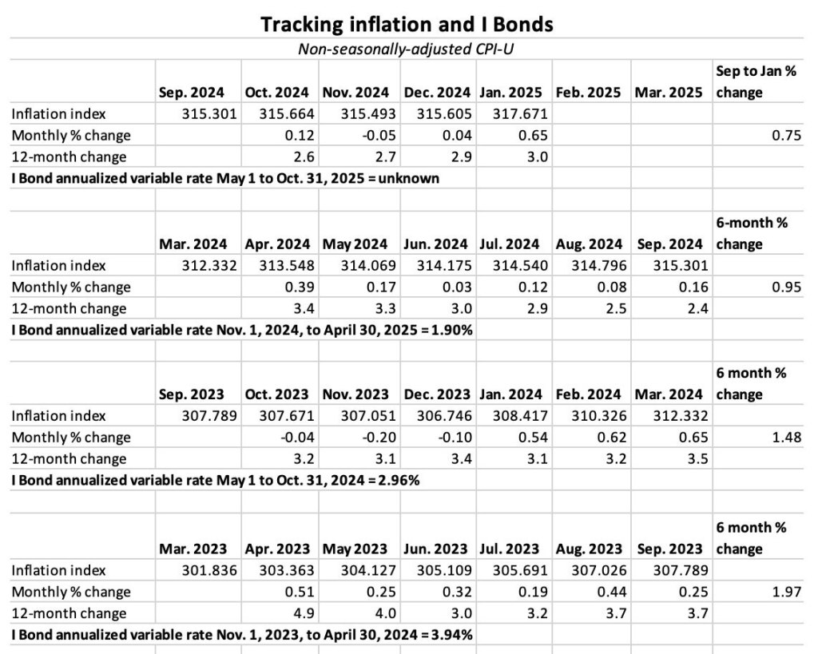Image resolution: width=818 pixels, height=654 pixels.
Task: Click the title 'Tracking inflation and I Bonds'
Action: coord(407,25)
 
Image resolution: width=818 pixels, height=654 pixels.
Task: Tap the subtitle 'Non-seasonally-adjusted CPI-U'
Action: coord(407,49)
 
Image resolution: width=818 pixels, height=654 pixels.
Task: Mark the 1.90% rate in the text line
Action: coord(453,330)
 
